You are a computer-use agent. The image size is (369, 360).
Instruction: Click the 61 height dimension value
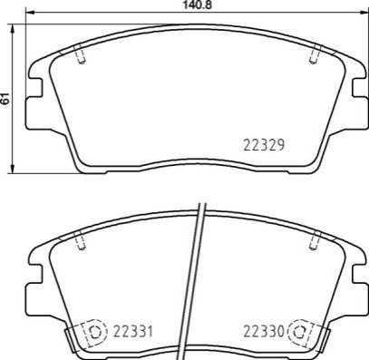pos(5,99)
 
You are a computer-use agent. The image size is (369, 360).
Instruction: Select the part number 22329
pos(264,145)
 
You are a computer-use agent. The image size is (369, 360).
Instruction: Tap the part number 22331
pos(133,332)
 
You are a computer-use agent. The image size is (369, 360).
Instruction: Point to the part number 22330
pos(264,332)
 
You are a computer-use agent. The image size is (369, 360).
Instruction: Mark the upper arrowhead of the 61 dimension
pos(13,29)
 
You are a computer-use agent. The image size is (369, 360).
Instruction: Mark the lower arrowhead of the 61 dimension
pos(13,169)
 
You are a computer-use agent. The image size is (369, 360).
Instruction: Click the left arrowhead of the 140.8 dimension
pos(30,13)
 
